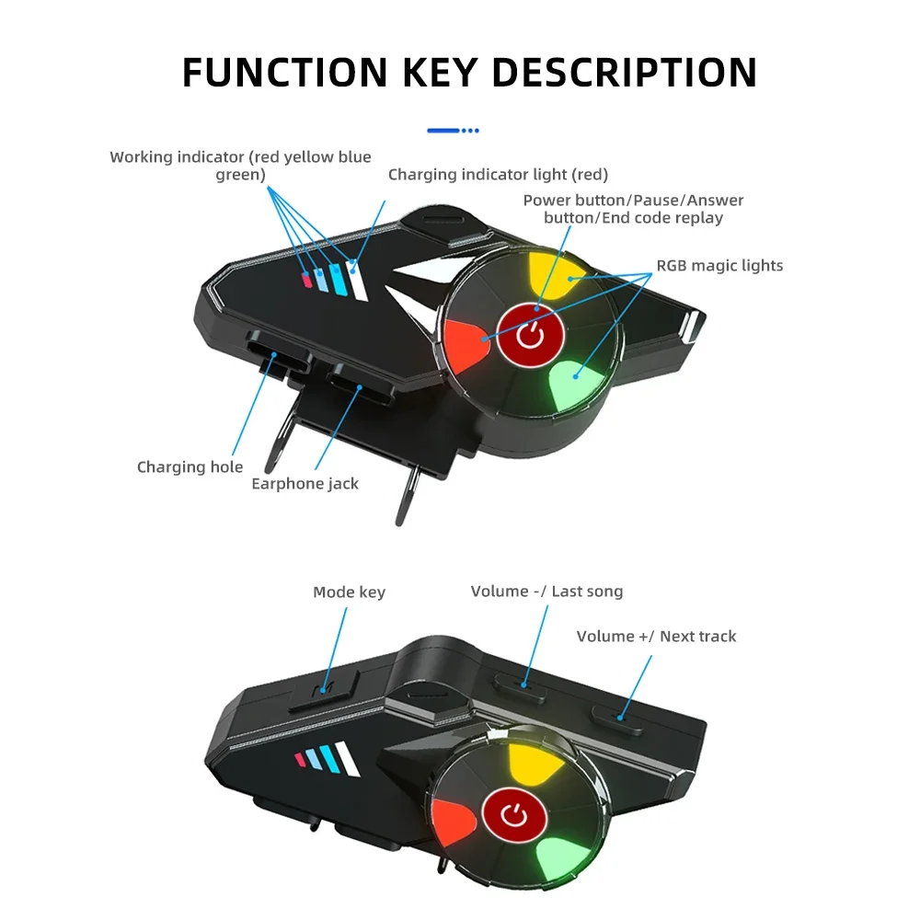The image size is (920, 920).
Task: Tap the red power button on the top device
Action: pyautogui.click(x=531, y=334)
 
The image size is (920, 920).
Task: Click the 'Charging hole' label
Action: pyautogui.click(x=190, y=466)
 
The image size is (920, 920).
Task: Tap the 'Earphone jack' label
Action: pyautogui.click(x=305, y=483)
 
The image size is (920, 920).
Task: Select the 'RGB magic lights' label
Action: pyautogui.click(x=719, y=265)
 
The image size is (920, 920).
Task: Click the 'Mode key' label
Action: pyautogui.click(x=349, y=592)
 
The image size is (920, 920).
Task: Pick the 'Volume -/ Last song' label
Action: pyautogui.click(x=546, y=591)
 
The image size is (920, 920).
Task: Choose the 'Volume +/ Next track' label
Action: pyautogui.click(x=656, y=636)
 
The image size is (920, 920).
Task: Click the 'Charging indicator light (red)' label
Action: pyautogui.click(x=498, y=174)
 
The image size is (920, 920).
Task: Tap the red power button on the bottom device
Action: pyautogui.click(x=516, y=815)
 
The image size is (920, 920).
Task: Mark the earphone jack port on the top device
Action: pyautogui.click(x=359, y=381)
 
